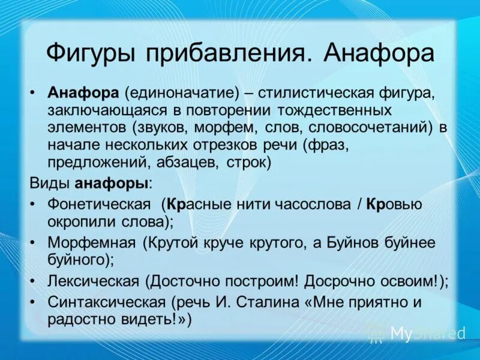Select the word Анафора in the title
coord(379,52)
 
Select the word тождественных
coord(334,112)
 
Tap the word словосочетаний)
coord(377,128)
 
